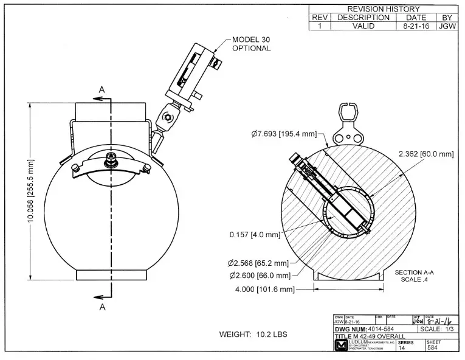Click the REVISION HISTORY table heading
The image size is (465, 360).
(x=383, y=9)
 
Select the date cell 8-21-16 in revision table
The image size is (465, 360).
(x=415, y=27)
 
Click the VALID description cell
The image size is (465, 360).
(x=363, y=27)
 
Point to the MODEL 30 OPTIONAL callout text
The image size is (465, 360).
(x=251, y=44)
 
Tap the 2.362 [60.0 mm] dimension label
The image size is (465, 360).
(x=426, y=154)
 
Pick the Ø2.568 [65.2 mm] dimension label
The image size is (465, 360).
(x=255, y=263)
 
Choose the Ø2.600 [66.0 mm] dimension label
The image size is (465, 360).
(x=256, y=275)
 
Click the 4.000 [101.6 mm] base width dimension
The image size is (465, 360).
(x=264, y=289)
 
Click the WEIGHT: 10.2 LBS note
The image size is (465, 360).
(x=253, y=334)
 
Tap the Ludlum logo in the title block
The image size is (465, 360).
(x=340, y=347)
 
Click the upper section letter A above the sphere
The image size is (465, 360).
(x=102, y=89)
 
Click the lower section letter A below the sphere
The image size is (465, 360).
(x=102, y=308)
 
